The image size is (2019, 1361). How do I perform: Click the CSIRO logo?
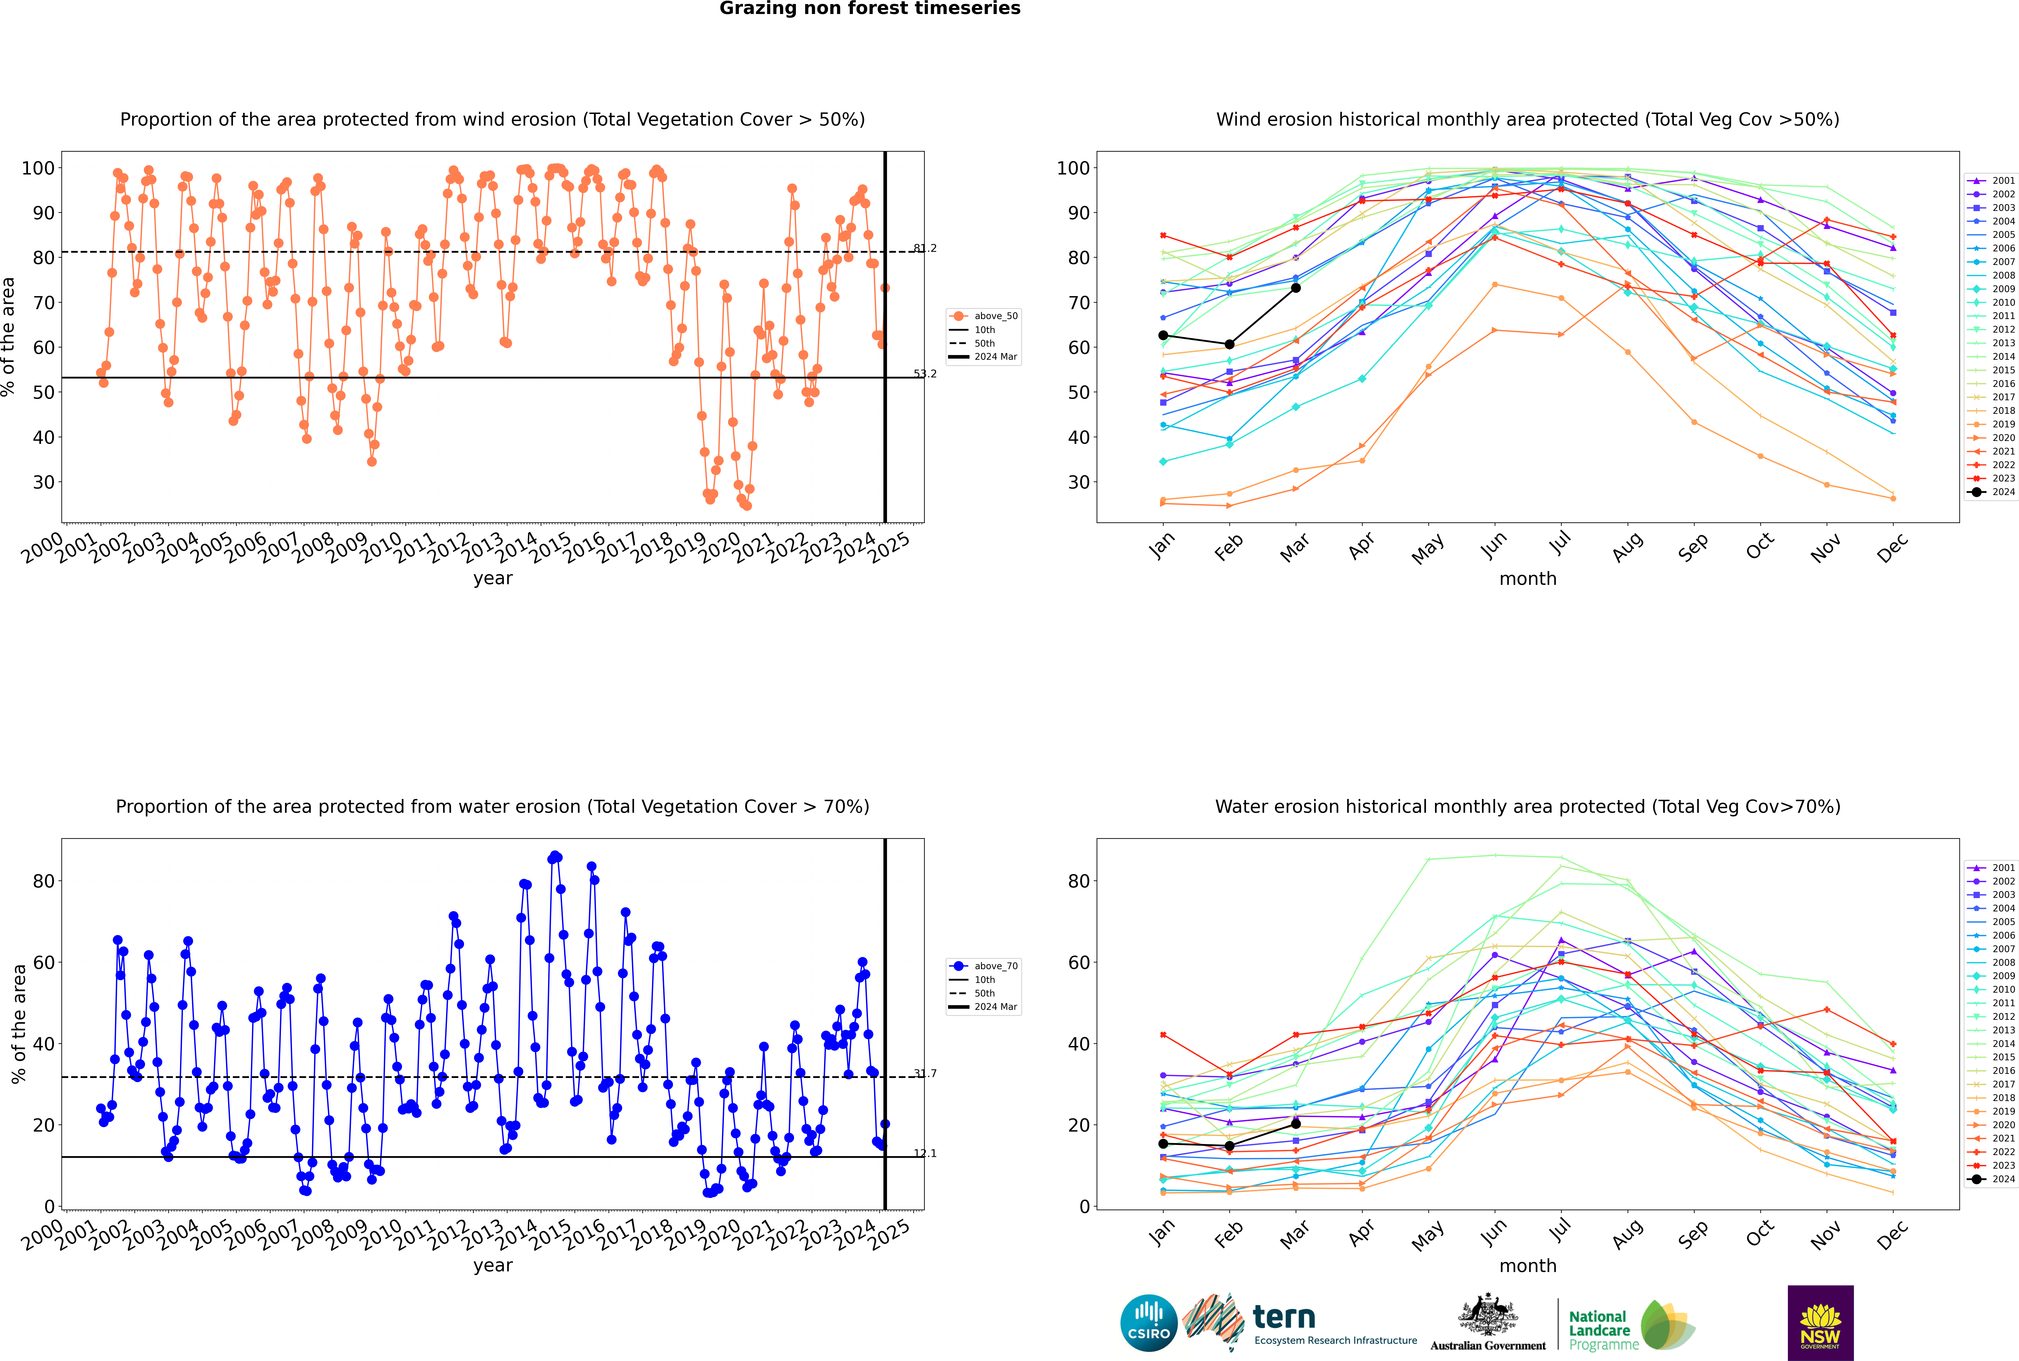click(x=1148, y=1323)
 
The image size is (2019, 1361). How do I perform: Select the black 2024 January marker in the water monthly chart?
click(x=1163, y=1144)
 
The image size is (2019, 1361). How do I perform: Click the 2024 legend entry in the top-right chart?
click(x=1991, y=492)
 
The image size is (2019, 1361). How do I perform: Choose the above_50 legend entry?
click(x=984, y=316)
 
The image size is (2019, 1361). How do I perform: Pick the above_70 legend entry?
click(x=984, y=966)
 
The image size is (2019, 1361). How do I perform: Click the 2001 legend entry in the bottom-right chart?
click(x=1991, y=868)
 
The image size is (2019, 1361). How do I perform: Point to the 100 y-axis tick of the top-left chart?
click(x=37, y=168)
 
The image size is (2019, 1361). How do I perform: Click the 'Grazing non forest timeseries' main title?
click(x=870, y=9)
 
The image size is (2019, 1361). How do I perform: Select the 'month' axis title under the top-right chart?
click(x=1528, y=579)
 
